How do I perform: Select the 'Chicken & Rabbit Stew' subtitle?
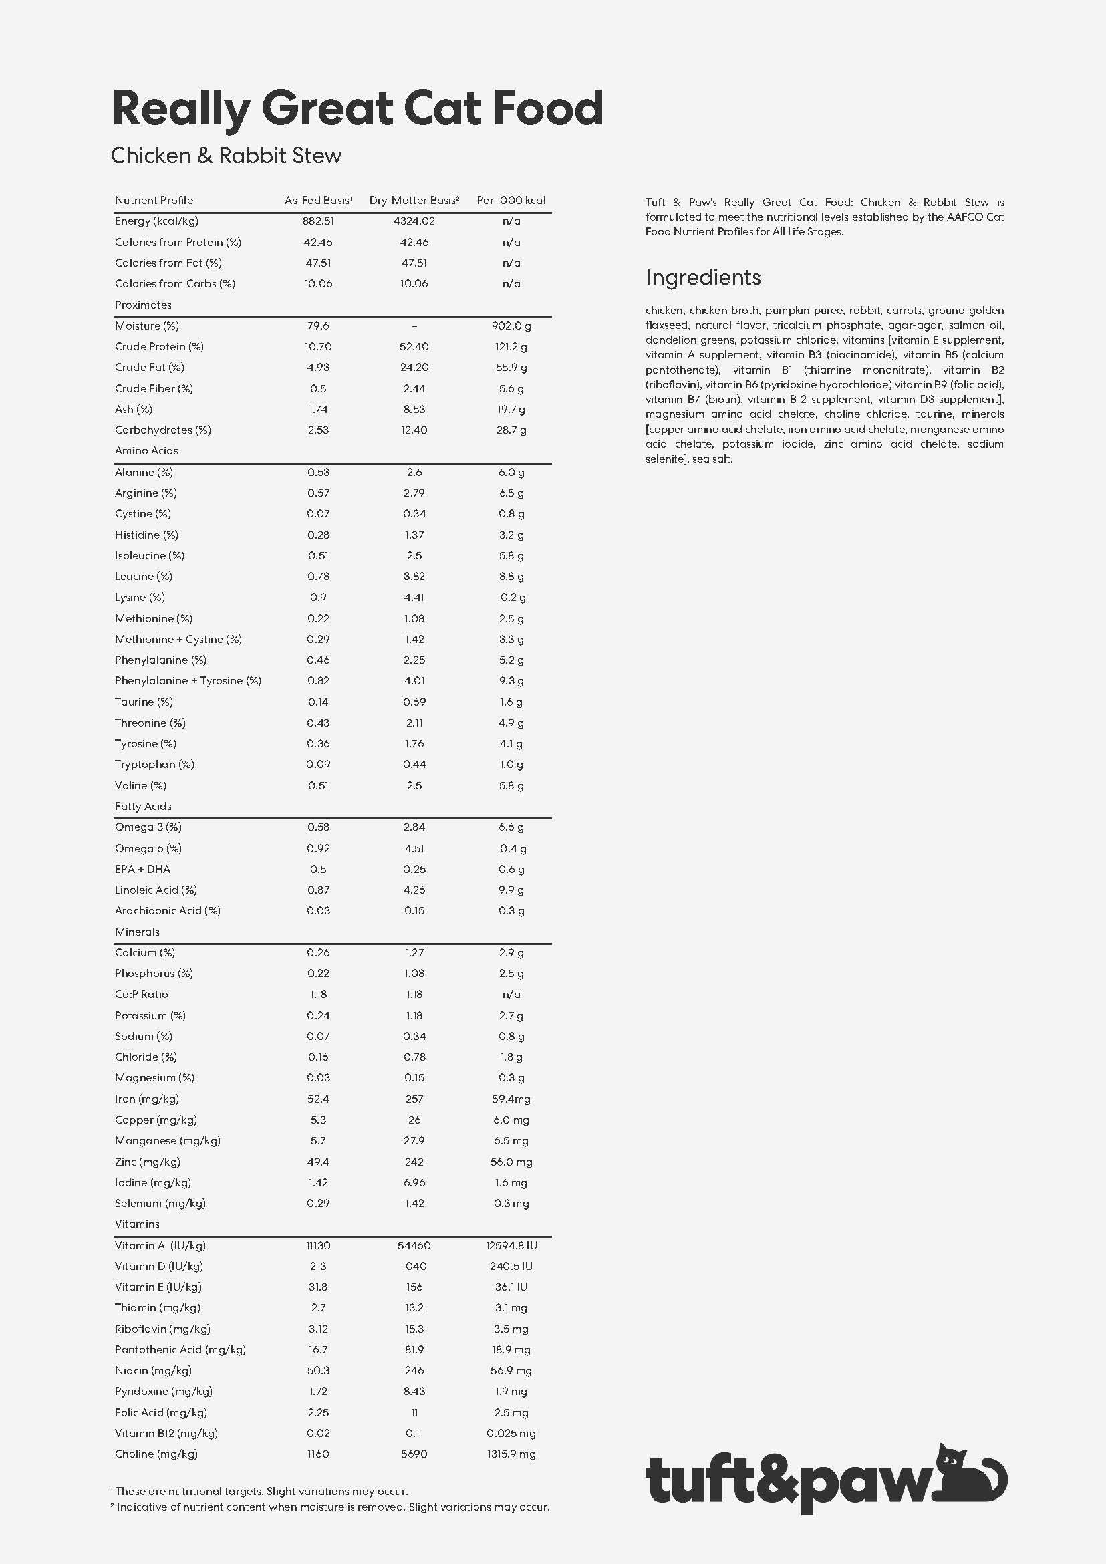(226, 156)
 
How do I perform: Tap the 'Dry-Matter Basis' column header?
(414, 201)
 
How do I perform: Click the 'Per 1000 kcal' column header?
(511, 201)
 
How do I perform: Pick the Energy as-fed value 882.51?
(318, 221)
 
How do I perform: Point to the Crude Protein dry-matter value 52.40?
(414, 347)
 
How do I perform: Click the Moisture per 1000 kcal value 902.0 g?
(511, 325)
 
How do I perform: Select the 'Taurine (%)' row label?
(144, 702)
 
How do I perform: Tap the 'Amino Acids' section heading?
(146, 451)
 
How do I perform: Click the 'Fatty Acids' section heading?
(143, 807)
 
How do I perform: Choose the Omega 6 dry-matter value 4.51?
(414, 848)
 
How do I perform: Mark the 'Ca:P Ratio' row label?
(141, 995)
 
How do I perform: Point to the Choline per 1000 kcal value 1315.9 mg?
(511, 1454)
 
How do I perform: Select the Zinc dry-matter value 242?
(414, 1162)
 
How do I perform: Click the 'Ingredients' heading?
(703, 277)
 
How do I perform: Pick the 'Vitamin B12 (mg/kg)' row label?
(166, 1433)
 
